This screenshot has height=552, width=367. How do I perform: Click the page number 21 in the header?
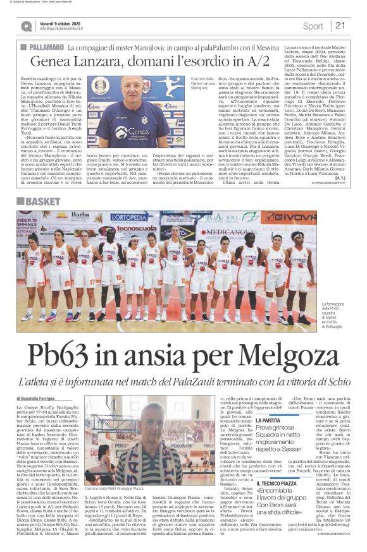coord(340,26)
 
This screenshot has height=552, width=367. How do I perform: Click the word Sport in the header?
coord(313,26)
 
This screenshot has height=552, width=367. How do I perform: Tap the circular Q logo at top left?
coord(26,26)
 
